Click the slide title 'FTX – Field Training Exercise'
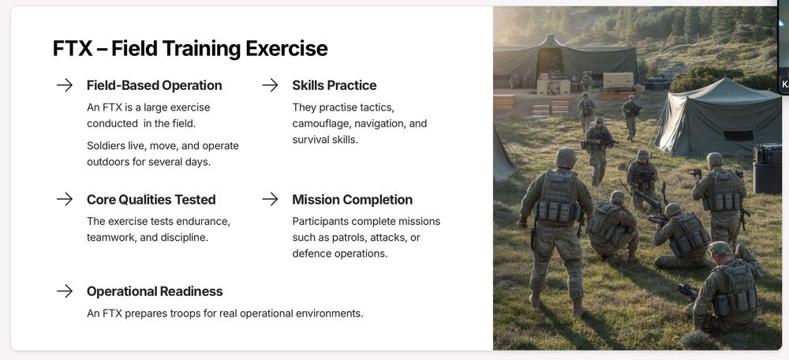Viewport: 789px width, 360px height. point(190,49)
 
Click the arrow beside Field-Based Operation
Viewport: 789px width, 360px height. point(65,85)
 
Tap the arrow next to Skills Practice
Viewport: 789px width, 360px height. point(270,85)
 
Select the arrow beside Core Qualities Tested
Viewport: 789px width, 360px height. point(65,200)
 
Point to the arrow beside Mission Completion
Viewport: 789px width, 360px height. point(270,200)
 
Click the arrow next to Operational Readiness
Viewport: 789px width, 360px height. point(65,291)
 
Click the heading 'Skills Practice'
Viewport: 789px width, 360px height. point(334,85)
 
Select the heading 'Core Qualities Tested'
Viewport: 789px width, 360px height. point(151,200)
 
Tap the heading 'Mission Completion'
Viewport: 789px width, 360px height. point(352,200)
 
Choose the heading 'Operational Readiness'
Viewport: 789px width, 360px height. point(155,291)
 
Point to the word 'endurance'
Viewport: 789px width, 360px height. point(206,222)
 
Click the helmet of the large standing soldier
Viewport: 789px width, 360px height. point(566,157)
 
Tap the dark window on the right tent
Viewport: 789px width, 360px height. point(739,136)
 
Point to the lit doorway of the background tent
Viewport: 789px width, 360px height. point(550,62)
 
